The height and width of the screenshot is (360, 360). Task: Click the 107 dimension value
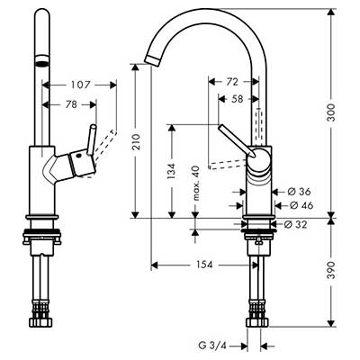(x=80, y=85)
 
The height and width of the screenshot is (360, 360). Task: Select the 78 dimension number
(x=71, y=104)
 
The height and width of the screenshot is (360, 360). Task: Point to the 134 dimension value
(x=171, y=171)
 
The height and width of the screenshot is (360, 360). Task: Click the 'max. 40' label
(x=196, y=183)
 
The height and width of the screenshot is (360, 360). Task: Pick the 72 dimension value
(x=231, y=82)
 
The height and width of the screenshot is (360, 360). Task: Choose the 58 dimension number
(x=237, y=99)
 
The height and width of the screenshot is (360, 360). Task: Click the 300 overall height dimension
(x=331, y=112)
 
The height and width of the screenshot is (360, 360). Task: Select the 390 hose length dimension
(x=331, y=270)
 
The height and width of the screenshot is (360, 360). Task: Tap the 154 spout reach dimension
(x=204, y=265)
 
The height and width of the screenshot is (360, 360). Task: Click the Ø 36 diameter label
(x=299, y=192)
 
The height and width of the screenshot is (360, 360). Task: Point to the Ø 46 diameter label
(x=301, y=205)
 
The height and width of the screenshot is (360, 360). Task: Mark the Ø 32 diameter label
(x=295, y=224)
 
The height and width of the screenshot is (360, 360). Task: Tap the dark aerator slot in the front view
(x=42, y=63)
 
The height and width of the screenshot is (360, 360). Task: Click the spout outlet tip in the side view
(x=153, y=59)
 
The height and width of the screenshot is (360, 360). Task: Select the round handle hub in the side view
(x=258, y=159)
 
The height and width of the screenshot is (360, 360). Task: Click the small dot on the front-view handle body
(x=78, y=156)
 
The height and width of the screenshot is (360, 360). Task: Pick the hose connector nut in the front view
(x=42, y=322)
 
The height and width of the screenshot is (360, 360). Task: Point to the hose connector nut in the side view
(x=257, y=322)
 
